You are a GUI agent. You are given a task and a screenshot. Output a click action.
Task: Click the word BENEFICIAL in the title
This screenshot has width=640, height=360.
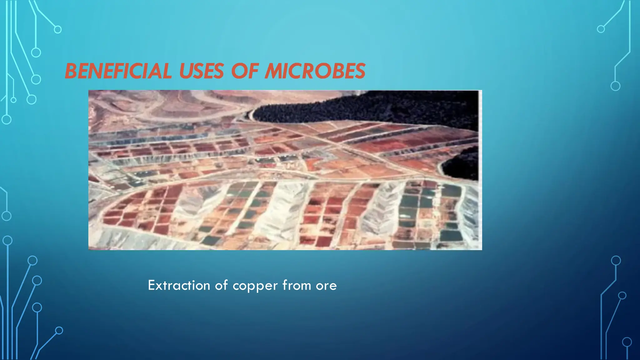118,71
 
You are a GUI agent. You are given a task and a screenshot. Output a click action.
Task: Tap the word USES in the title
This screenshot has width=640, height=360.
201,71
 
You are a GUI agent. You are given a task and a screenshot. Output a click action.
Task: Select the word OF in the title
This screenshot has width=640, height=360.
245,71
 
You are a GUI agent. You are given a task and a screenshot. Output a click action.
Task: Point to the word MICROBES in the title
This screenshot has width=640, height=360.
315,71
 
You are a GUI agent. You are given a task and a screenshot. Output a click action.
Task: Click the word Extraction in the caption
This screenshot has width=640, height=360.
179,285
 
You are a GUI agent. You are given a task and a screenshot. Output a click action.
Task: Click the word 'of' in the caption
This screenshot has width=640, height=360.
221,285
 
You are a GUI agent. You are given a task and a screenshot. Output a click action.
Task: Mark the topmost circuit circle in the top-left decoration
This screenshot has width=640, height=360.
58,30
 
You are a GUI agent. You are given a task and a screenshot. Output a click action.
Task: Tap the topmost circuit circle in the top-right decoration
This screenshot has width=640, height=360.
601,29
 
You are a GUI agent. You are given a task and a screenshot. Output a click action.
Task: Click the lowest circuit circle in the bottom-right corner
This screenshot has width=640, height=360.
627,342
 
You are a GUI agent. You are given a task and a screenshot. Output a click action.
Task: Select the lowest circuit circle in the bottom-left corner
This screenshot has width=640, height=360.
59,330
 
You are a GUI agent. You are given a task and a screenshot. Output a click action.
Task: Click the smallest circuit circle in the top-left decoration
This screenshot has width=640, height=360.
13,100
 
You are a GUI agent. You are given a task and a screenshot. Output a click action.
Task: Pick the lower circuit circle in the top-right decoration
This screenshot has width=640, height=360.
615,86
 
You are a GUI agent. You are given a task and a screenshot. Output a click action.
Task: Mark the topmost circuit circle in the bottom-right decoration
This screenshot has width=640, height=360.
616,260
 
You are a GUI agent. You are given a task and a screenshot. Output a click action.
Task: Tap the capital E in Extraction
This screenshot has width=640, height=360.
152,285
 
